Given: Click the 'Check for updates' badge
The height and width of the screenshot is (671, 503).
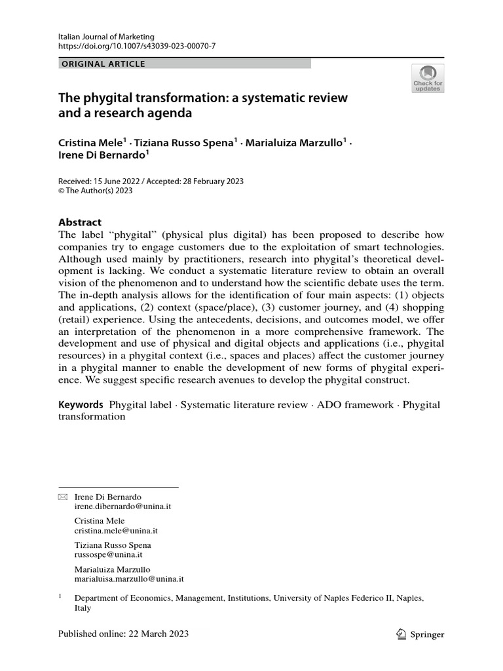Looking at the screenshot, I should coord(427,77).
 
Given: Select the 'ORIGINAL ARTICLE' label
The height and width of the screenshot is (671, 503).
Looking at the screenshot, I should coord(103,64).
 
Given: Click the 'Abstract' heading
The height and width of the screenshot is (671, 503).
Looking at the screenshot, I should coord(80,222).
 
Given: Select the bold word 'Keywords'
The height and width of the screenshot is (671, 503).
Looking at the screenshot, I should coord(81,405).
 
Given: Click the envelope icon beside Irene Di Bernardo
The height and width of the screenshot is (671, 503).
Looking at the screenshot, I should coord(63,497).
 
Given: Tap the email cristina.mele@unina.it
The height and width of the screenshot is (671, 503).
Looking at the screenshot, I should coord(117,531).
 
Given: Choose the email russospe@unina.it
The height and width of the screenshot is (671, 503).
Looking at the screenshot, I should coord(109,554).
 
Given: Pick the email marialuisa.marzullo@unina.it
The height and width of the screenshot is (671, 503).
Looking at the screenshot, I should coord(129,579).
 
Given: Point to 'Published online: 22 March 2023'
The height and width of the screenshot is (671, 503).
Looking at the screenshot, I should coord(123,634).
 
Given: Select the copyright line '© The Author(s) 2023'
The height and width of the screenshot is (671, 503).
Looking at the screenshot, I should coord(96,191).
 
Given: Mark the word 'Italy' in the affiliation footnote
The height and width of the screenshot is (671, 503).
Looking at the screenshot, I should coord(83,607).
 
